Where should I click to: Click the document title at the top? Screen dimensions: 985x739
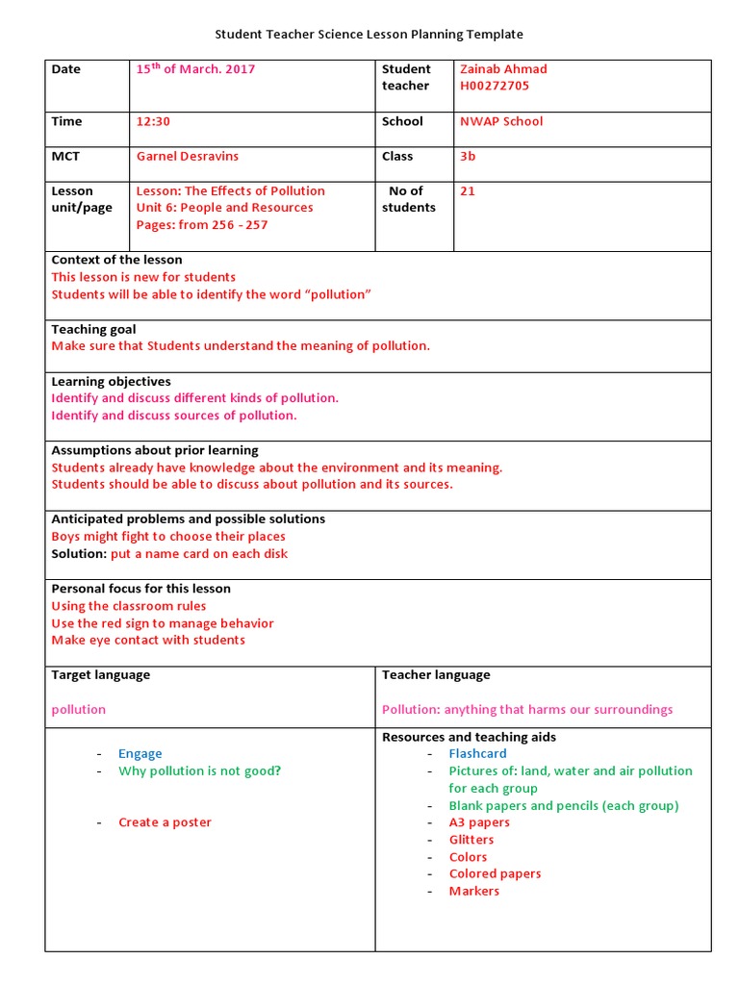coord(369,35)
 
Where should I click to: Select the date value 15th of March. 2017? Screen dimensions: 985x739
coord(195,69)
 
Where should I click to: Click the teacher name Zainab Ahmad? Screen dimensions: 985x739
coord(503,69)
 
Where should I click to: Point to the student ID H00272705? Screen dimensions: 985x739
coord(495,86)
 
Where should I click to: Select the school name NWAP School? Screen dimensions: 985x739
coord(501,121)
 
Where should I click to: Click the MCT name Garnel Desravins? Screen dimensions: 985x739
coord(188,156)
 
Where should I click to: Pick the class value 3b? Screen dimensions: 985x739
coord(468,156)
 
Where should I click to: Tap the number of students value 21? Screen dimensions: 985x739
coord(468,190)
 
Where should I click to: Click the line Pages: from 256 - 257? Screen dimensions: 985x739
coord(202,225)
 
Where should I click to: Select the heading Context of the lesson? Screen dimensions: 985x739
coord(116,260)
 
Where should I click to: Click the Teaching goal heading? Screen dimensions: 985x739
coord(93,329)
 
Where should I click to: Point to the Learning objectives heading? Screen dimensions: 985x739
coord(111,382)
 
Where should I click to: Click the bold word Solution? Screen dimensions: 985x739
coord(78,554)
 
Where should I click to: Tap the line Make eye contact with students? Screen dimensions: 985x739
coord(148,640)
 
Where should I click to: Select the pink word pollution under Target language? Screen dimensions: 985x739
coord(79,709)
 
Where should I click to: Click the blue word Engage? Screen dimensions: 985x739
coord(140,754)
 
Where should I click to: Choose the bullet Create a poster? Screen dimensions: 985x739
coord(165,822)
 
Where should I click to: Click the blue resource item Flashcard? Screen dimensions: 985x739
coord(477,754)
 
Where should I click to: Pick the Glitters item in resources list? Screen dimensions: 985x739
coord(471,840)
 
